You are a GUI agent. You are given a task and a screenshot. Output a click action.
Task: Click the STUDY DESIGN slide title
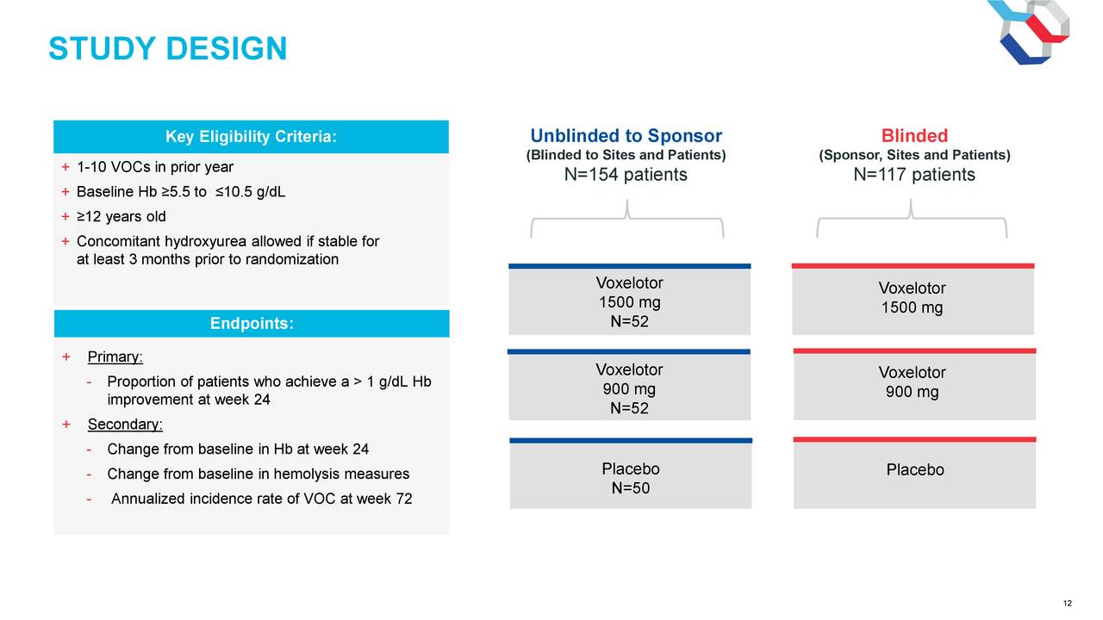pyautogui.click(x=167, y=48)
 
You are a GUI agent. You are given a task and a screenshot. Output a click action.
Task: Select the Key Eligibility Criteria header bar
pyautogui.click(x=251, y=136)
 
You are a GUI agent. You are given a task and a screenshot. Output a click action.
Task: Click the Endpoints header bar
pyautogui.click(x=252, y=323)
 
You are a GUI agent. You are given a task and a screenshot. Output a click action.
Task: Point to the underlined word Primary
pyautogui.click(x=115, y=356)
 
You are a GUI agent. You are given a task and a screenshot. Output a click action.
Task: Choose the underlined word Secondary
pyautogui.click(x=125, y=425)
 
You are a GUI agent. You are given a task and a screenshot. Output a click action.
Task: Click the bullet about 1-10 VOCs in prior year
pyautogui.click(x=155, y=167)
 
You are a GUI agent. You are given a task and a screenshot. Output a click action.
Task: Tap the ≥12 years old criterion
pyautogui.click(x=122, y=216)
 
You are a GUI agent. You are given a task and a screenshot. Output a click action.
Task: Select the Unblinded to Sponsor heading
pyautogui.click(x=626, y=135)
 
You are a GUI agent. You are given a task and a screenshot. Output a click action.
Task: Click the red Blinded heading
pyautogui.click(x=914, y=135)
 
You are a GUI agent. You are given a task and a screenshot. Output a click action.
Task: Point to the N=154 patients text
pyautogui.click(x=626, y=174)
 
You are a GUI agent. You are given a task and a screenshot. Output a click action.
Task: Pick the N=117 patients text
pyautogui.click(x=914, y=174)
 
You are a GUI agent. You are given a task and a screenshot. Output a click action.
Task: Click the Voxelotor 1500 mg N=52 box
pyautogui.click(x=630, y=300)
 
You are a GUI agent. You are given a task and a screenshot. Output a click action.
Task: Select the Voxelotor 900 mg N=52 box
pyautogui.click(x=629, y=385)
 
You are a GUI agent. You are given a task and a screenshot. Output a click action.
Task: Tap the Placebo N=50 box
pyautogui.click(x=631, y=474)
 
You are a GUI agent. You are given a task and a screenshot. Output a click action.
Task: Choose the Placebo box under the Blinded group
pyautogui.click(x=915, y=473)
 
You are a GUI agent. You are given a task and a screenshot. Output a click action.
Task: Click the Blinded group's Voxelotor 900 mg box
pyautogui.click(x=914, y=384)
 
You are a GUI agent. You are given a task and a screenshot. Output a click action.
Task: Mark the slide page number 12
pyautogui.click(x=1068, y=604)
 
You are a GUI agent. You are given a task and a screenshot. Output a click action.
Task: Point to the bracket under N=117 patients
pyautogui.click(x=912, y=218)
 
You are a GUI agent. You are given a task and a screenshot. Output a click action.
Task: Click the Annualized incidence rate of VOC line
pyautogui.click(x=261, y=499)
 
